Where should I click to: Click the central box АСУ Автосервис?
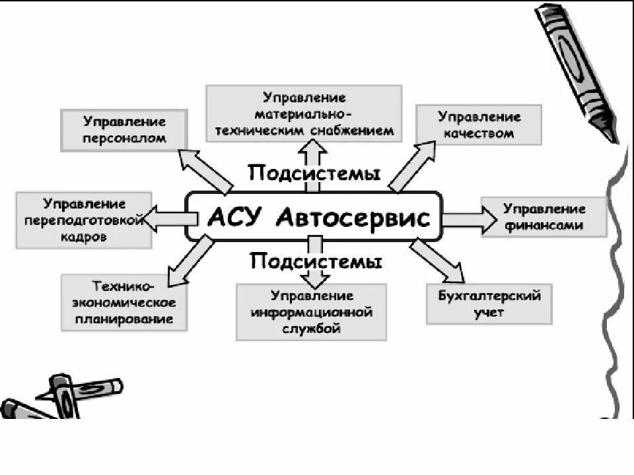pyautogui.click(x=314, y=216)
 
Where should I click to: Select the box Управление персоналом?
pyautogui.click(x=123, y=130)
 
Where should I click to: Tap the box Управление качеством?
pyautogui.click(x=479, y=125)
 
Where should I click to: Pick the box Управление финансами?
pyautogui.click(x=544, y=216)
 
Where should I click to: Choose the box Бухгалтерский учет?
pyautogui.click(x=489, y=304)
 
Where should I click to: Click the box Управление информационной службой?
pyautogui.click(x=312, y=312)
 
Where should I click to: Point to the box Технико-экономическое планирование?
pyautogui.click(x=123, y=303)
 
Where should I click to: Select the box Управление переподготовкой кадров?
pyautogui.click(x=84, y=220)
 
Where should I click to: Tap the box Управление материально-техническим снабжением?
pyautogui.click(x=304, y=113)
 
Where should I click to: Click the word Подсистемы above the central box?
pyautogui.click(x=314, y=174)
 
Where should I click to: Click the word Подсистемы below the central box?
pyautogui.click(x=316, y=261)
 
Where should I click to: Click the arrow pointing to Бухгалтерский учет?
pyautogui.click(x=437, y=260)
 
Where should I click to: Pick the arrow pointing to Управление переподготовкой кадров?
pyautogui.click(x=165, y=218)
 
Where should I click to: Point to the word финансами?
pyautogui.click(x=545, y=225)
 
